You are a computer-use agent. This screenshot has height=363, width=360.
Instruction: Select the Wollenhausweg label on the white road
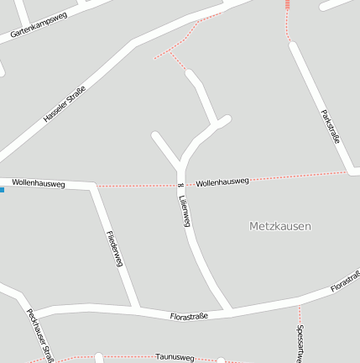coord(39,183)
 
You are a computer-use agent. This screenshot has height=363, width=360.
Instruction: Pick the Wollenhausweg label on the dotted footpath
coord(222,181)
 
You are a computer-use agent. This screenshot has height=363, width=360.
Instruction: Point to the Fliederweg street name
coord(116,249)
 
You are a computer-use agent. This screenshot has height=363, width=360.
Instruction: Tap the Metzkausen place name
coord(280,226)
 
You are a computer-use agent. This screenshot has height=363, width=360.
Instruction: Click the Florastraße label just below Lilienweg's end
coord(189,317)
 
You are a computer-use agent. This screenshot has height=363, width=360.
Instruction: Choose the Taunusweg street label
coord(175,357)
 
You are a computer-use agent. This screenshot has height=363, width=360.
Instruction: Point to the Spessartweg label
coord(300,343)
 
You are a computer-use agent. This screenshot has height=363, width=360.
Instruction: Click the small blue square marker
coord(2,190)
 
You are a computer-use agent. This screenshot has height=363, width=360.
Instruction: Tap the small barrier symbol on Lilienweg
coord(180,185)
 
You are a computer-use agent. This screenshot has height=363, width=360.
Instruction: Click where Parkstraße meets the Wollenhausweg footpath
coord(348,172)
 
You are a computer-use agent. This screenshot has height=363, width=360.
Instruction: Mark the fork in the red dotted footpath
coord(169,51)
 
